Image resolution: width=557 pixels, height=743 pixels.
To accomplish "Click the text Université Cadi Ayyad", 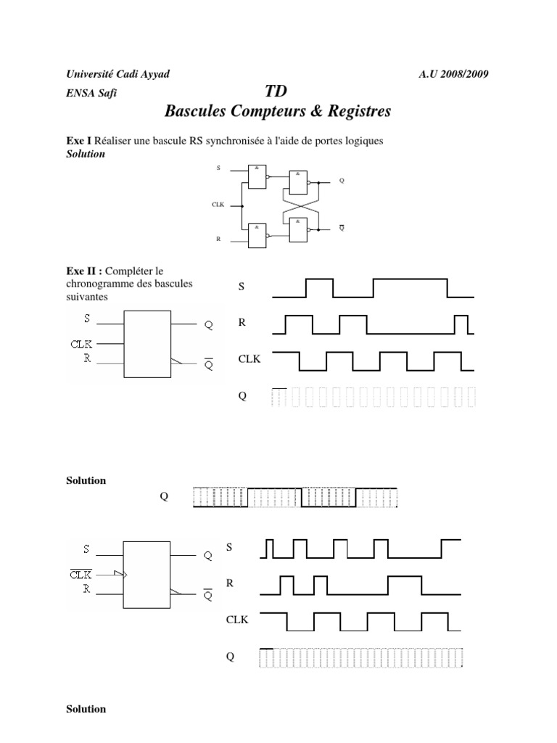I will pyautogui.click(x=117, y=75).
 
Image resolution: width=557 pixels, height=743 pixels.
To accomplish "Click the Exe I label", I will pyautogui.click(x=78, y=141).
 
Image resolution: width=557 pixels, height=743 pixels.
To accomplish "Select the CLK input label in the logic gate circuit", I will pyautogui.click(x=218, y=205).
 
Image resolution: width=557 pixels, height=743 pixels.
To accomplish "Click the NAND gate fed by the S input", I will pyautogui.click(x=256, y=176).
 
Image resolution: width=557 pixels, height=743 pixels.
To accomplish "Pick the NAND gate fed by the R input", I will pyautogui.click(x=256, y=234).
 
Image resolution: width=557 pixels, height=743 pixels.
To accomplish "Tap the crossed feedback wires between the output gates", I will pyautogui.click(x=298, y=205).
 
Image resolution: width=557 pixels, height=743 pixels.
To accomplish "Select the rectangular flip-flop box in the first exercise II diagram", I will pyautogui.click(x=147, y=344).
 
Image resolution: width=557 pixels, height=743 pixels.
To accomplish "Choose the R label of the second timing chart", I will pyautogui.click(x=230, y=582).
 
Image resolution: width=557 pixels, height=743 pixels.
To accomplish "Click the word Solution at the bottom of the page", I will pyautogui.click(x=86, y=709).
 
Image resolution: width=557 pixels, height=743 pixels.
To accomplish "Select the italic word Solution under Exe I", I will pyautogui.click(x=86, y=154).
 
